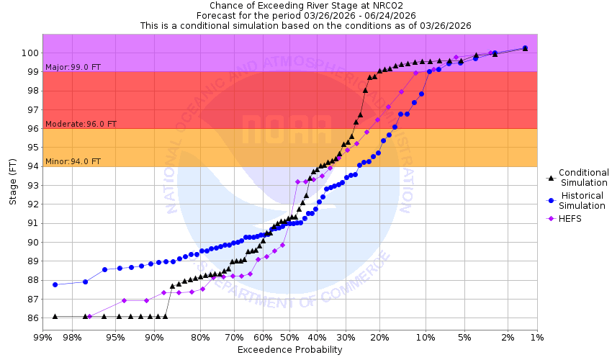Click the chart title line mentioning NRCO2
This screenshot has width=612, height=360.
point(305,5)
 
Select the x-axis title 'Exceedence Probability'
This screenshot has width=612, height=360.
point(289,350)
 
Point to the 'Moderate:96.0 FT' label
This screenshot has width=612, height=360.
point(81,124)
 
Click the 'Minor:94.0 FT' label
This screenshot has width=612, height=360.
point(73,161)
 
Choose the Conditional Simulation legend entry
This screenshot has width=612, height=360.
point(583,177)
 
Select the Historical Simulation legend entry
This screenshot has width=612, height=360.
point(583,200)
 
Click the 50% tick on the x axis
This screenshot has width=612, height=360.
point(289,337)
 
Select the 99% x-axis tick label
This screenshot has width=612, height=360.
point(42,337)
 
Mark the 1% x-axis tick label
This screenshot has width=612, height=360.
point(536,337)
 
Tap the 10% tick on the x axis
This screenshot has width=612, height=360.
point(426,337)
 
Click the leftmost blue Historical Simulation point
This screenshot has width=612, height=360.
point(55,284)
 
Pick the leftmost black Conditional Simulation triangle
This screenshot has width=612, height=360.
point(55,316)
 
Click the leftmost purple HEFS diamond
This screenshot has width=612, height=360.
point(89,316)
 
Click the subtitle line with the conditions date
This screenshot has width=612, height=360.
point(305,25)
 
